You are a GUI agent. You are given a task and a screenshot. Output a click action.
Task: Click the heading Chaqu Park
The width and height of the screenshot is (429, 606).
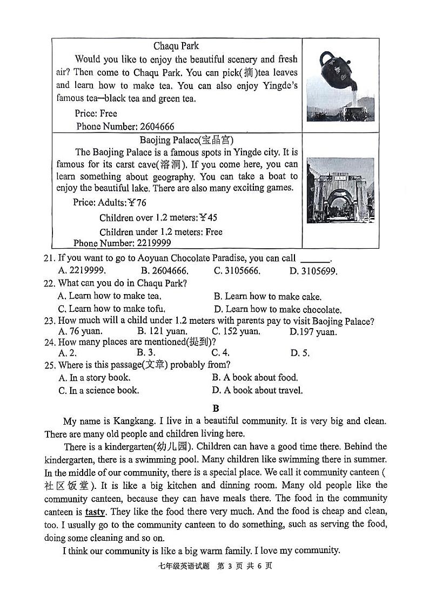(x=176, y=46)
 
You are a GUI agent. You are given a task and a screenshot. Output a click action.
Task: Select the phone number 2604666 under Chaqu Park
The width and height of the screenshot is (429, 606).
(x=157, y=126)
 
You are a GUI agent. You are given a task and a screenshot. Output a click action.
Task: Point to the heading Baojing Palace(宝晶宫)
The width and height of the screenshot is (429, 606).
(x=186, y=140)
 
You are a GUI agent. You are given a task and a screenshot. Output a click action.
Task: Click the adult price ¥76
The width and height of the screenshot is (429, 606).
(x=136, y=203)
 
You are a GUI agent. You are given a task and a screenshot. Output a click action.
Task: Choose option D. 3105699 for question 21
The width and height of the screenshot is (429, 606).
(x=313, y=271)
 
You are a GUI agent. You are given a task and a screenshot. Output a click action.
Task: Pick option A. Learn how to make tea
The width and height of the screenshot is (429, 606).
(x=110, y=296)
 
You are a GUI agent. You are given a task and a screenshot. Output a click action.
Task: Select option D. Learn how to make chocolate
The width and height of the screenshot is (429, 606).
(x=278, y=310)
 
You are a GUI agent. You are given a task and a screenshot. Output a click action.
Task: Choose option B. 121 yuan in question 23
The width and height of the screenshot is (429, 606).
(x=162, y=332)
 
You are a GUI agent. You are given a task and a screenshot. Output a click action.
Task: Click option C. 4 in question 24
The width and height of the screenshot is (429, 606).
(x=220, y=353)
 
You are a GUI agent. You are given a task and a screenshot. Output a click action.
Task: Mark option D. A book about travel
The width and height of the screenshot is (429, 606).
(x=257, y=390)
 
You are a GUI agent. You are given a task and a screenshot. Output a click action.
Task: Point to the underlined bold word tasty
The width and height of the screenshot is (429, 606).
(x=95, y=512)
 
